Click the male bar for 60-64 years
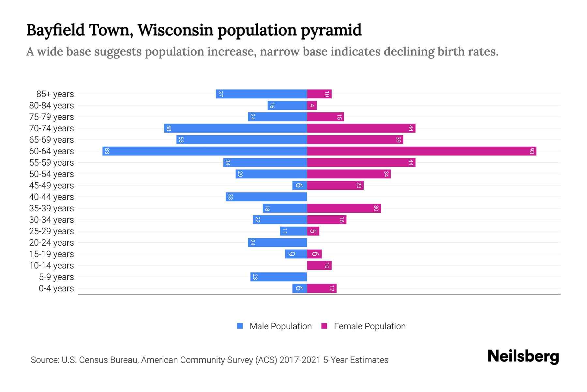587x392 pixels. (204, 151)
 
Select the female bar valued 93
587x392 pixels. (421, 151)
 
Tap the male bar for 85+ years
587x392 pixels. (261, 94)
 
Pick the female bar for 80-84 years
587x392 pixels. (312, 105)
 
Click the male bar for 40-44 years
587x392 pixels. (266, 197)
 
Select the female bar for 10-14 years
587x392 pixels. (319, 265)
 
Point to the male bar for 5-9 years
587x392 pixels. (278, 277)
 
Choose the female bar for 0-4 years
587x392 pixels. (322, 288)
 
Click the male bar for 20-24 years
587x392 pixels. (277, 242)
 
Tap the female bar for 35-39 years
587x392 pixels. (344, 208)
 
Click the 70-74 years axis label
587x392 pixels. (52, 128)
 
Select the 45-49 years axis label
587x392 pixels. (52, 186)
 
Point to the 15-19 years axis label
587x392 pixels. (52, 254)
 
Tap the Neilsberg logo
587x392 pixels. (523, 356)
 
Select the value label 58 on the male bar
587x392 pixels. (169, 128)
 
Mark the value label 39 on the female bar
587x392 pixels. (398, 139)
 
